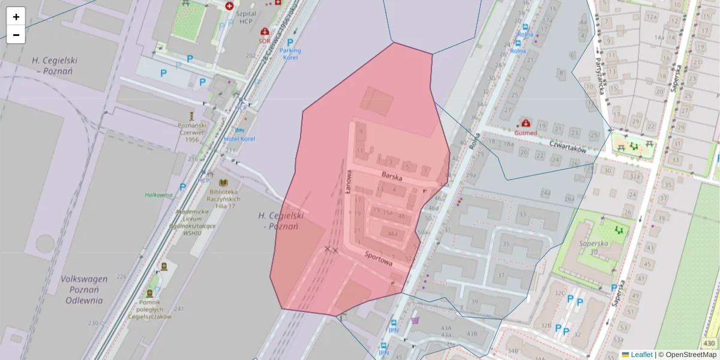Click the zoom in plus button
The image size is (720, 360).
click(x=16, y=17)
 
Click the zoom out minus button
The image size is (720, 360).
click(x=16, y=35)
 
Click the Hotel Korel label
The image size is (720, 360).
click(x=239, y=139)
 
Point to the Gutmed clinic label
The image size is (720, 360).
click(x=526, y=132)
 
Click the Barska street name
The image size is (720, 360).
click(x=391, y=176)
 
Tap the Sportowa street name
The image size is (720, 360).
click(x=378, y=259)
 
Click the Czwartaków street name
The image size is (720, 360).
click(x=568, y=147)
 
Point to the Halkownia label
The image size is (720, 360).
click(x=158, y=194)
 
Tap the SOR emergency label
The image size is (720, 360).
click(x=264, y=41)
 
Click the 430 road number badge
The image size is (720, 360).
click(x=709, y=343)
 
